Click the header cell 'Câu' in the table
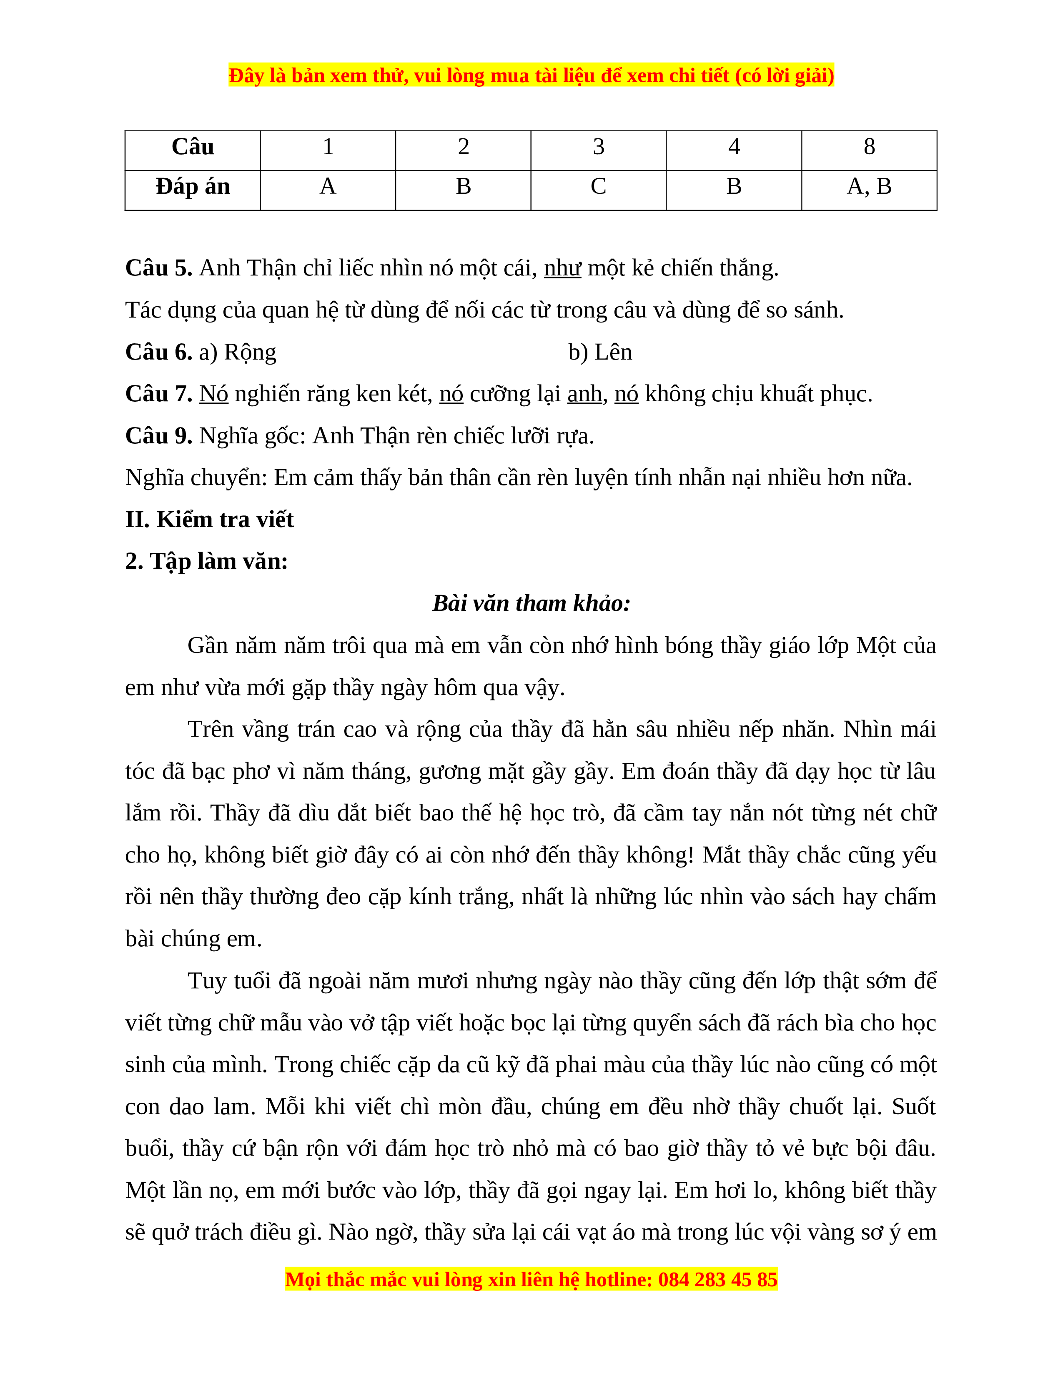[193, 147]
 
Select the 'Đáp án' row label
[193, 187]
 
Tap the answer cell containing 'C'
[598, 187]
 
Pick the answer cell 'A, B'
[869, 187]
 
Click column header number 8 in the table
[869, 147]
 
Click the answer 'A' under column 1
[328, 187]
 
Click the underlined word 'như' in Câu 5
[562, 269]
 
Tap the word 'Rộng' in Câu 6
[250, 352]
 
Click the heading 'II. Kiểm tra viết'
[209, 520]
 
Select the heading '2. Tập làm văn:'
[206, 561]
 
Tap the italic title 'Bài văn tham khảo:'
[531, 603]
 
